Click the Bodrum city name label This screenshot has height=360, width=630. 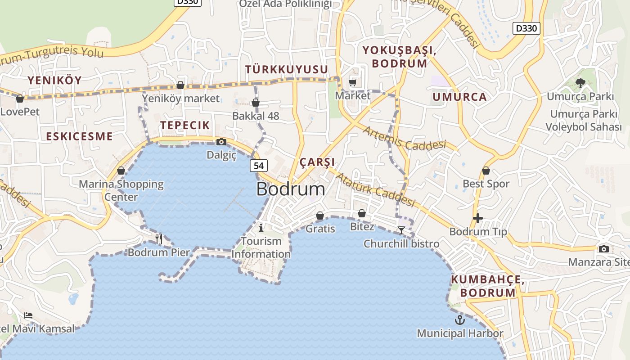point(291,189)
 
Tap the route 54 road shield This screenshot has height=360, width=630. point(259,166)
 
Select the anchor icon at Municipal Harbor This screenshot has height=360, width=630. point(460,320)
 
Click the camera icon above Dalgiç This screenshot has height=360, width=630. point(221,142)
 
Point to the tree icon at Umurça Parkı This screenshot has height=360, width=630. point(580,83)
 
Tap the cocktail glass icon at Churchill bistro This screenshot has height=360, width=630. point(401,230)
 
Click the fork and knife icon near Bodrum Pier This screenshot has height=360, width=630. point(159,238)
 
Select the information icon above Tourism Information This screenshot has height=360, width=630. point(261,228)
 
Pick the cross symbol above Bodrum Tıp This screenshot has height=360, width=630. point(478,219)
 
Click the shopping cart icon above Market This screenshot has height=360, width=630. point(353,82)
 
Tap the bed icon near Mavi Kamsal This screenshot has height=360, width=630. point(28,315)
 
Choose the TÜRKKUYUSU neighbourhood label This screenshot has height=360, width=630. point(287,69)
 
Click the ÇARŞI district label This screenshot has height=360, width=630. point(317,162)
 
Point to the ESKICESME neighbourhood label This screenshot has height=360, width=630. point(79,136)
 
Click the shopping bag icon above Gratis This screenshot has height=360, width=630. point(320,216)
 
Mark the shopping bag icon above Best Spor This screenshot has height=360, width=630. point(486,171)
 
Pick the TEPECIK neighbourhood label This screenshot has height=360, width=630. point(185,125)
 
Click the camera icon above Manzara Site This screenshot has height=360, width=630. point(604,249)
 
